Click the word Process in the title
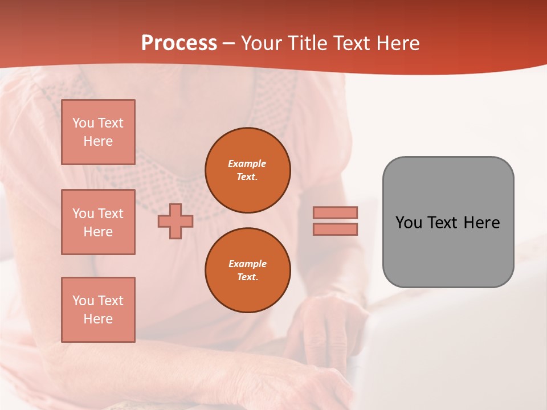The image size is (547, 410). (179, 43)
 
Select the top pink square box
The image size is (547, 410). (98, 132)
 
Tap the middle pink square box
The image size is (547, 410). (98, 222)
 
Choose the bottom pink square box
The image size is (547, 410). (98, 310)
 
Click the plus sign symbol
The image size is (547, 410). (175, 221)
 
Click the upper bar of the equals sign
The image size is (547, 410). (335, 212)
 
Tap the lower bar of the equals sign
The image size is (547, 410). (335, 229)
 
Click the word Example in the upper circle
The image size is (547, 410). (247, 163)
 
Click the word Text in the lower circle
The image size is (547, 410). (247, 277)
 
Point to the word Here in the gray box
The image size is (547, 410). (481, 223)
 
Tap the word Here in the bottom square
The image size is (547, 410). (98, 319)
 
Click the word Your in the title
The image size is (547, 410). (262, 43)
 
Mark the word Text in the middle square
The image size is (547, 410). (111, 214)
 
